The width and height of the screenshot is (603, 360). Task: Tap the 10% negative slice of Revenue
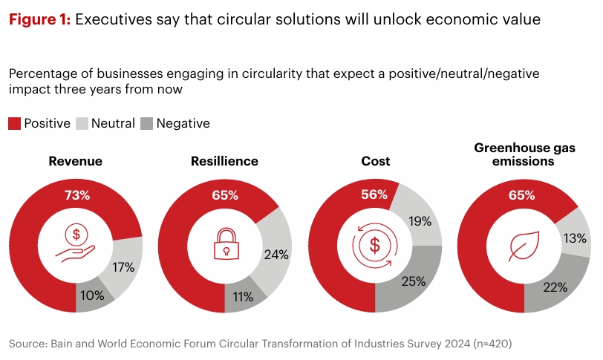pyautogui.click(x=93, y=295)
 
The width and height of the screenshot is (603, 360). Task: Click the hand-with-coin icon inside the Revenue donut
pyautogui.click(x=75, y=245)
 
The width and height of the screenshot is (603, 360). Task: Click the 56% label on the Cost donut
pyautogui.click(x=375, y=194)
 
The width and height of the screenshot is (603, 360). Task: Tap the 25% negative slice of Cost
pyautogui.click(x=412, y=281)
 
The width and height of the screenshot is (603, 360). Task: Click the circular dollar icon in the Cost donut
pyautogui.click(x=375, y=245)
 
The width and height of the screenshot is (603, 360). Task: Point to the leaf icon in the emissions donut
pyautogui.click(x=524, y=245)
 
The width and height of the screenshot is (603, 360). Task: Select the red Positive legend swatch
pyautogui.click(x=14, y=123)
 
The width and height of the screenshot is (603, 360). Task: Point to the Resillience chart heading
pyautogui.click(x=224, y=161)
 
